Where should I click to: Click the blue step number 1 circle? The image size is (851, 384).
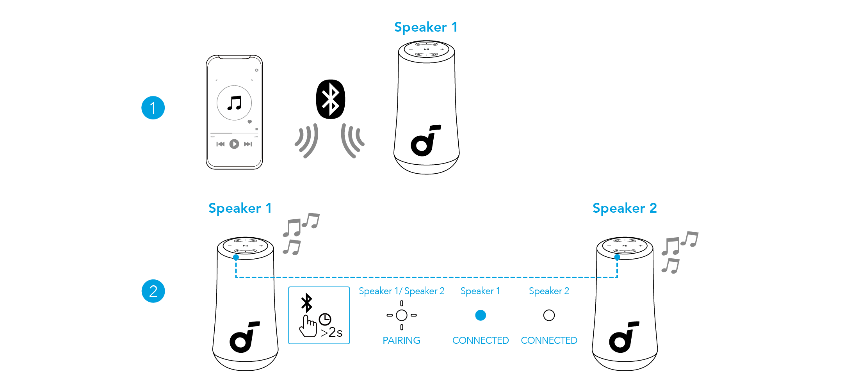coord(153,108)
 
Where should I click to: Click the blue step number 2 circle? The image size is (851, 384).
coord(153,291)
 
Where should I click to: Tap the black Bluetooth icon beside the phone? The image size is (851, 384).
coord(330,99)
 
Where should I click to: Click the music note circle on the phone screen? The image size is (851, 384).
coord(234,103)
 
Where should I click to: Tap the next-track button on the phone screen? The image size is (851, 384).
coord(247,144)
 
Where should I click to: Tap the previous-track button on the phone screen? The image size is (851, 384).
coord(221,144)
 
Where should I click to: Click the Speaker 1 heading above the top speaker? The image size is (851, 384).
coord(425,27)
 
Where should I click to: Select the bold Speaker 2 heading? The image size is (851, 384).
coord(625,208)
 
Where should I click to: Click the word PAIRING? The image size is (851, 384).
coord(401,340)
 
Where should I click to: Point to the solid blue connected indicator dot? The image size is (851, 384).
coord(481,315)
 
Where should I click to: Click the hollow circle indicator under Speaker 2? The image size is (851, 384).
coord(549,315)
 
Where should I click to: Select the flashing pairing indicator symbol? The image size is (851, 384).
coord(401,315)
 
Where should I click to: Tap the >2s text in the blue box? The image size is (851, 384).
coord(331,332)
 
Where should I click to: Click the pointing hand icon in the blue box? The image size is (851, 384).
coord(308,327)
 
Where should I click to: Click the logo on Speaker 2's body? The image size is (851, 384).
coord(624,337)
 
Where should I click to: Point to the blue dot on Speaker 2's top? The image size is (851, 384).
coord(617,257)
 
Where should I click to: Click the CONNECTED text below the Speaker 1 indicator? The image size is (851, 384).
coord(481,340)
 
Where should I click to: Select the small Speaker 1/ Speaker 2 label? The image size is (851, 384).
coord(401,291)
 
